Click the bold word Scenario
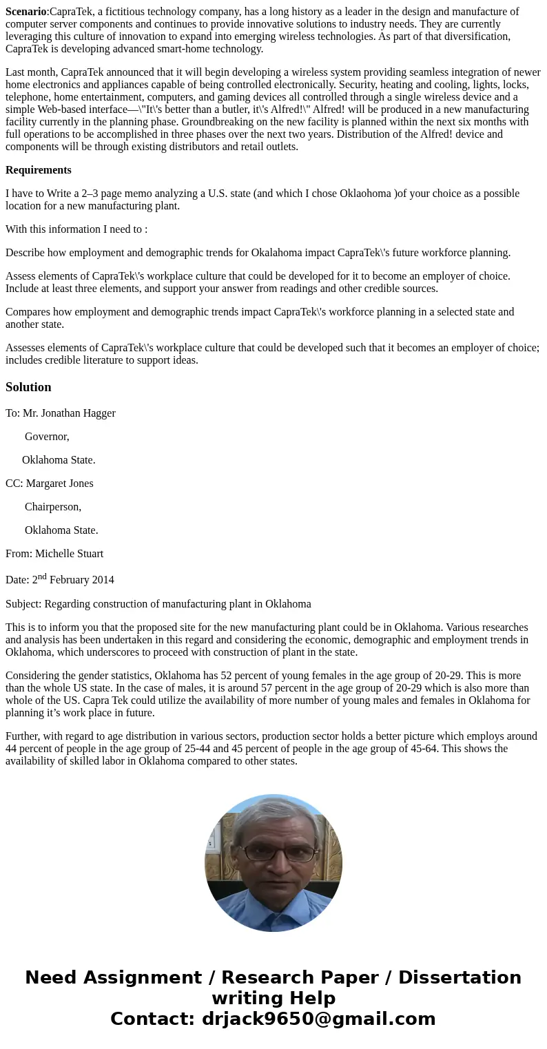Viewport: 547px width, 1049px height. coord(25,12)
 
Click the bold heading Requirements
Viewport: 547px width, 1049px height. coord(39,170)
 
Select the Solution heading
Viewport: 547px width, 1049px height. coord(28,387)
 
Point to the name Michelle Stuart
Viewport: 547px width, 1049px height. coord(69,554)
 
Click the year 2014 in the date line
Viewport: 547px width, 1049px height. coord(101,580)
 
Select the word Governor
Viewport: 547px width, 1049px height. coord(46,437)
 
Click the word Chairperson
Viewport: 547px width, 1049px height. coord(52,507)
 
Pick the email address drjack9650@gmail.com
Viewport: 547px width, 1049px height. coord(318,1019)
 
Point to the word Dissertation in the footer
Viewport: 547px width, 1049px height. coord(460,978)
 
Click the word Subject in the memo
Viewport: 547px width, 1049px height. coord(23,604)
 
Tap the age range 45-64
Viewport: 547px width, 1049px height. coord(420,749)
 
